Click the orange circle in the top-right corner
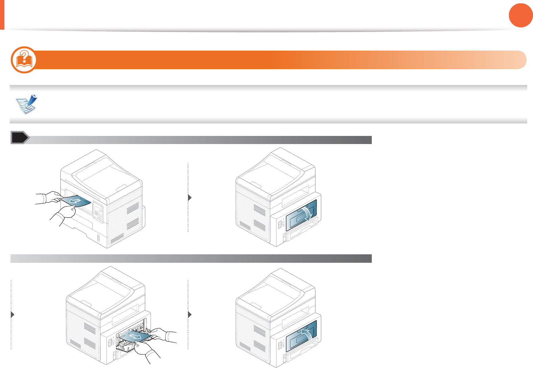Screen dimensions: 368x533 (x=520, y=15)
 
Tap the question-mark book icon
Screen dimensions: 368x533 (x=24, y=60)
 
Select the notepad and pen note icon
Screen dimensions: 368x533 (x=27, y=104)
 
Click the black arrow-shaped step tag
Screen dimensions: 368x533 (x=20, y=138)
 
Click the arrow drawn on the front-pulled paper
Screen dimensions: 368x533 (x=75, y=201)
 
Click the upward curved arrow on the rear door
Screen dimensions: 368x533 (x=306, y=335)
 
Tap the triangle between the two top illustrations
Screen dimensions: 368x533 (x=190, y=198)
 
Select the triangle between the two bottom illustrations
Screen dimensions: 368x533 (x=190, y=315)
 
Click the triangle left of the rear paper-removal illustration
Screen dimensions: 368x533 (x=13, y=315)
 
